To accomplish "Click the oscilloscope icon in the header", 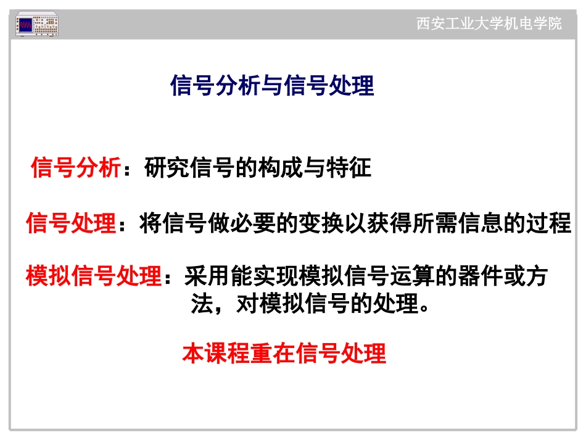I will click(37, 25).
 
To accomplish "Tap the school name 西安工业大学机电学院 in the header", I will click(489, 24).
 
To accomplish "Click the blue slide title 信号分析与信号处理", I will click(272, 86).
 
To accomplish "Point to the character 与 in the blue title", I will click(272, 86).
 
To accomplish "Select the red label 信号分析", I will click(75, 168).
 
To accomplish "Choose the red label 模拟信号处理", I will click(93, 276).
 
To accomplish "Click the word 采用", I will click(207, 276).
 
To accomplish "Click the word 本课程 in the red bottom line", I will click(216, 354).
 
